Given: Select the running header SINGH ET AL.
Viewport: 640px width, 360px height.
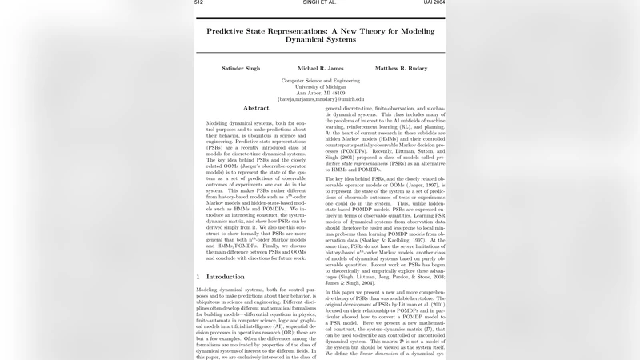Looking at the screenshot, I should tap(319, 3).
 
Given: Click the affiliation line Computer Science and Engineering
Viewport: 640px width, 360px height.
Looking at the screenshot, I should tap(319, 81).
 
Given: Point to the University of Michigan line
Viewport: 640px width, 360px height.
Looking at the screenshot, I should tap(319, 86).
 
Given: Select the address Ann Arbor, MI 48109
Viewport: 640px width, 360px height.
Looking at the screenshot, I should tap(319, 93).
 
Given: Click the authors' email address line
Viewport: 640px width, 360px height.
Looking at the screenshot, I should tap(319, 99).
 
